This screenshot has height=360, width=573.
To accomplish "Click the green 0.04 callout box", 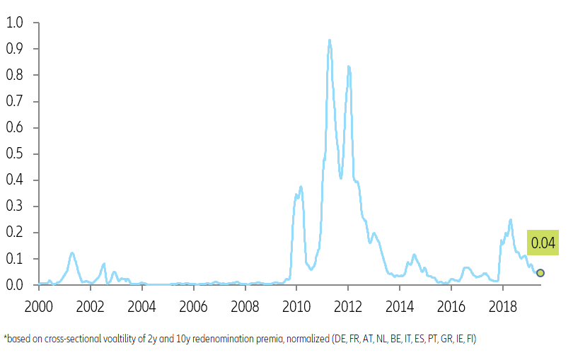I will click(543, 243).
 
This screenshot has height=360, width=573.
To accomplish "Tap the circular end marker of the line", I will click(540, 273).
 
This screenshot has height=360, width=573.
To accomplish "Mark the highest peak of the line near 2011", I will click(329, 40).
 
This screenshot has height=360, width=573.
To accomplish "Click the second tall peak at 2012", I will click(348, 66).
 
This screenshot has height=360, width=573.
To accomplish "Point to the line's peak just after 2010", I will click(301, 187).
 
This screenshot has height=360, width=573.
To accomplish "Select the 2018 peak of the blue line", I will click(510, 220).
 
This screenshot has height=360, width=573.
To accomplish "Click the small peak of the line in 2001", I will click(71, 252).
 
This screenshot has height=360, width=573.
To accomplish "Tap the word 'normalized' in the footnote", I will click(308, 339).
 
